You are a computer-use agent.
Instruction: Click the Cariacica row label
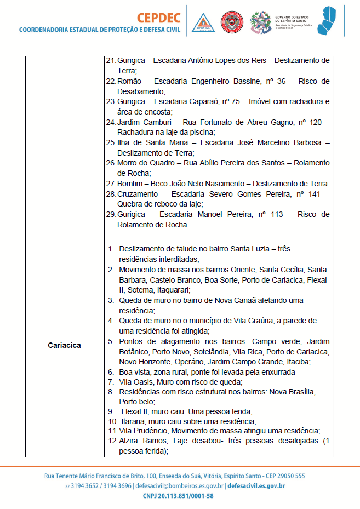coord(64,345)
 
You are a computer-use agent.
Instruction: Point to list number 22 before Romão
coord(110,81)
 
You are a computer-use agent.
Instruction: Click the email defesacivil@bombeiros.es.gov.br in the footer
coord(178,486)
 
